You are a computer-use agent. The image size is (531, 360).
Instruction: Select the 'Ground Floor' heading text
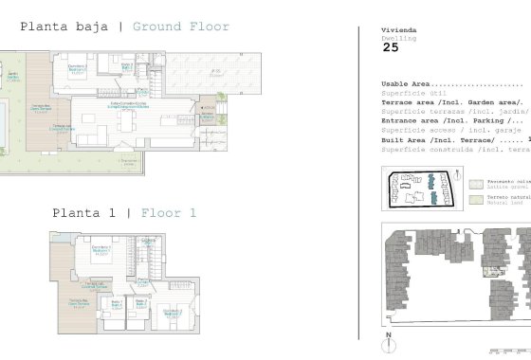(180, 27)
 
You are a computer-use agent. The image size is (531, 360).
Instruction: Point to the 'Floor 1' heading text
(168, 213)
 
